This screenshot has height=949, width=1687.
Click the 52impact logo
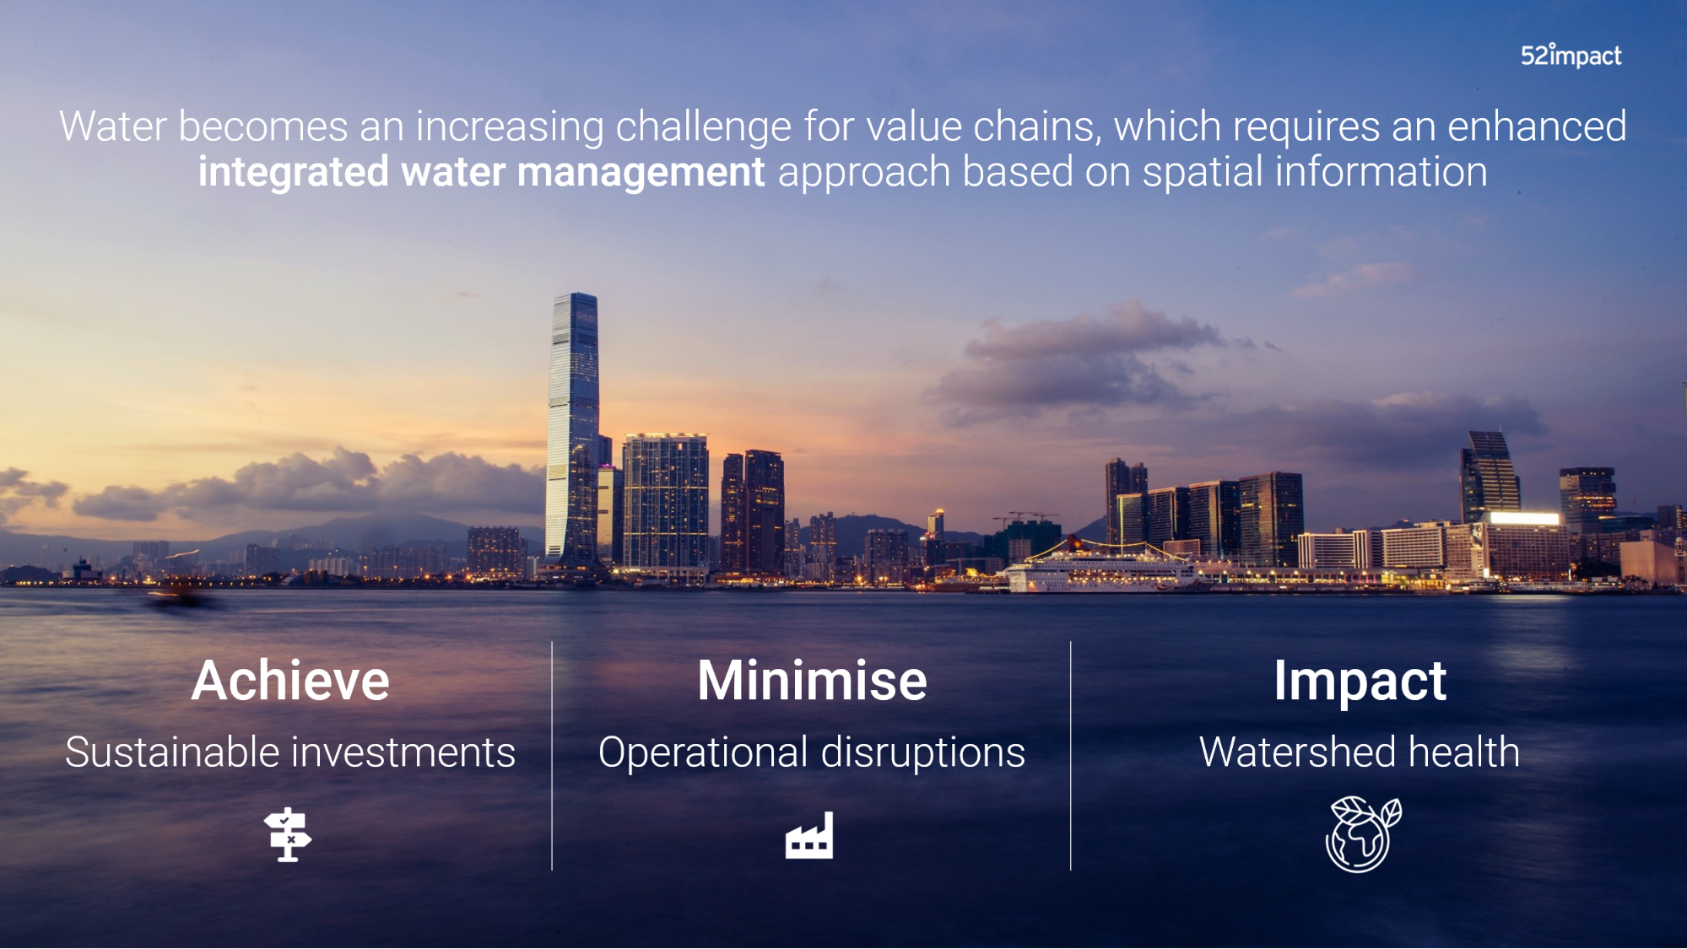coord(1571,56)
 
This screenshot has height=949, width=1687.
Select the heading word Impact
coord(1360,682)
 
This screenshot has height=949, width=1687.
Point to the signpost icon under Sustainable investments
coord(288,834)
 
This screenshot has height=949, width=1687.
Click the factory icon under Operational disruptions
coord(809,835)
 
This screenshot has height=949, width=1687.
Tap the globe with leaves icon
coord(1363,833)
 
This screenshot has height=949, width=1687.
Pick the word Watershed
coord(1298,752)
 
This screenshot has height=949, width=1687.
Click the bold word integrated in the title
coord(293,173)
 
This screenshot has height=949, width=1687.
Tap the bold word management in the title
coord(641,173)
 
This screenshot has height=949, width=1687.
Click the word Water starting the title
coord(113,127)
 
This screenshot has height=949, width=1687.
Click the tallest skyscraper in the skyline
coord(573,430)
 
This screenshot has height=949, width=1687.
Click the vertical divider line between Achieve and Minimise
coord(552,756)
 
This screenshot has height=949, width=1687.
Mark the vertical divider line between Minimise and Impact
coord(1070,756)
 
